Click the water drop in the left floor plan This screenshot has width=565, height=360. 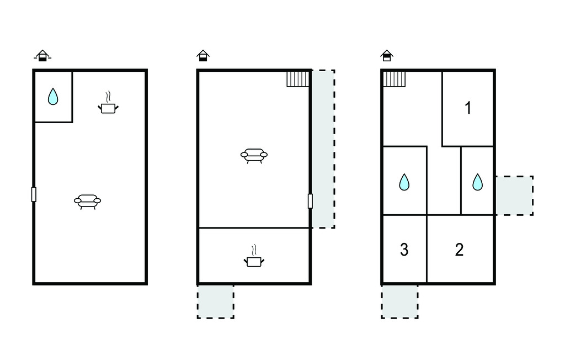[53, 97]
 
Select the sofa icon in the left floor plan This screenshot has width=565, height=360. [88, 202]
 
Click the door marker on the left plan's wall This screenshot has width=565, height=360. [34, 194]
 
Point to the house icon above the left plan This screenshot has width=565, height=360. [42, 56]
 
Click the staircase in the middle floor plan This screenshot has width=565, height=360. [298, 79]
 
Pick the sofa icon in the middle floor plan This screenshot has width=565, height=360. [254, 156]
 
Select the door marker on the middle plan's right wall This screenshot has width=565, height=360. [310, 201]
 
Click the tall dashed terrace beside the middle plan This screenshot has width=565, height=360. [323, 149]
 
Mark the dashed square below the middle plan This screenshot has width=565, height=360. [216, 301]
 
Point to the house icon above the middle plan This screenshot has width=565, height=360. [203, 56]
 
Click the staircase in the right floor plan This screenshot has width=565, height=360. [394, 79]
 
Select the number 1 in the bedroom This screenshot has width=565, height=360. [468, 108]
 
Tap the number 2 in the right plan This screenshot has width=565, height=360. [459, 250]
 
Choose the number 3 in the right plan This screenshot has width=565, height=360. [404, 250]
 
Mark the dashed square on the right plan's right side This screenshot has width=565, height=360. [515, 195]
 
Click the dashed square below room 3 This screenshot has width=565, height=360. [399, 301]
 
